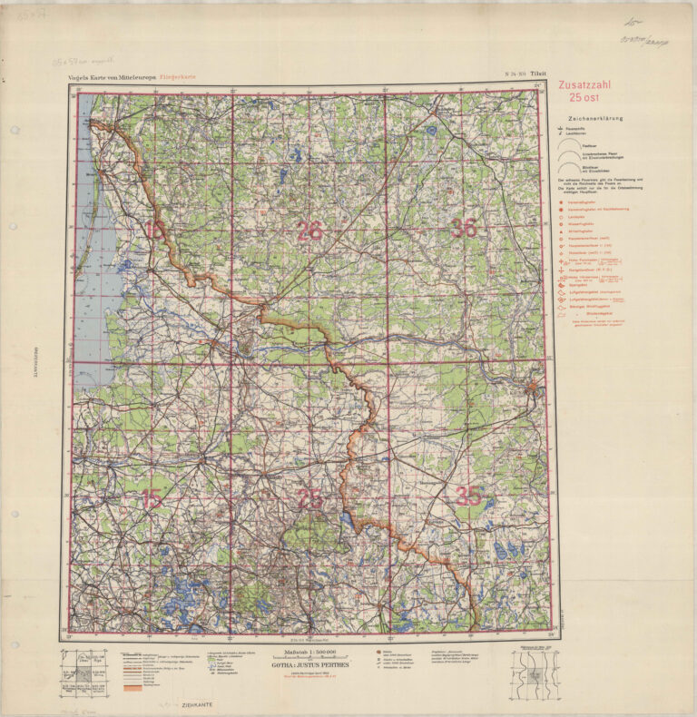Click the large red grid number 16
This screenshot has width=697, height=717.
(x=154, y=231)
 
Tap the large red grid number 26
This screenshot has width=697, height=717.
(x=309, y=231)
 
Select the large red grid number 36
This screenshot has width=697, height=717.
(x=464, y=229)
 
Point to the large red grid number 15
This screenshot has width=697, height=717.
(x=152, y=498)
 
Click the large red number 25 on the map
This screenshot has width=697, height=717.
(x=309, y=498)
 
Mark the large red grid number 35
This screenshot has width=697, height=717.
(x=468, y=496)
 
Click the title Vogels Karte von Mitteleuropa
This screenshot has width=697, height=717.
(x=112, y=79)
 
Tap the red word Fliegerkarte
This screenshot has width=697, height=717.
(x=177, y=79)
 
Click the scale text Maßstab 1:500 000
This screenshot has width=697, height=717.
(x=310, y=653)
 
